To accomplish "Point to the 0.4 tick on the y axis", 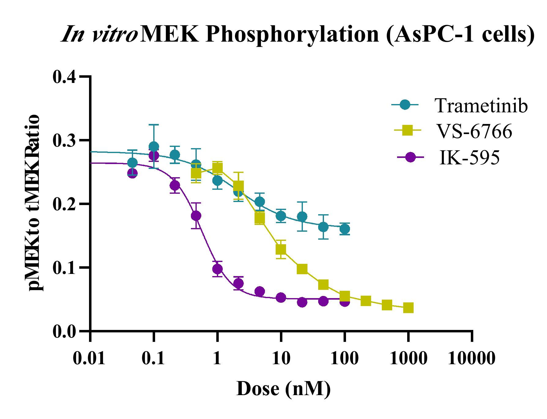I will (65, 77).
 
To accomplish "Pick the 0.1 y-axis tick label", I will (65, 268).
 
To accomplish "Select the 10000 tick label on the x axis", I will (471, 358).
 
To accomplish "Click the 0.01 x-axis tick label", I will (90, 358).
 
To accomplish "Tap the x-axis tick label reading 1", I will (217, 358).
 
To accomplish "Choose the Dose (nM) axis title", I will (284, 389).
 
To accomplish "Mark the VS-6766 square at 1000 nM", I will (408, 308).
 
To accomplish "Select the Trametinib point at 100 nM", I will (344, 229).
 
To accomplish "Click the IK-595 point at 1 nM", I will (217, 269).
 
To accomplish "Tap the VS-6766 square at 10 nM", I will (281, 249).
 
